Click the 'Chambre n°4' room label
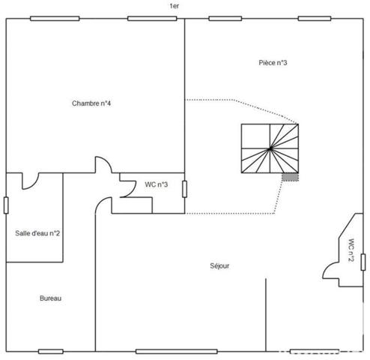[x=92, y=103]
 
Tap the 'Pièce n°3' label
[x=273, y=62]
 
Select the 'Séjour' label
[x=219, y=266]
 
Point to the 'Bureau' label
[x=50, y=298]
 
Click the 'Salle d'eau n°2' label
[x=38, y=233]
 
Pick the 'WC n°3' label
[x=157, y=184]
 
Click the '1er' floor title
[x=174, y=5]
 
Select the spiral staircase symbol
[x=270, y=148]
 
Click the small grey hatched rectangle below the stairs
[x=290, y=177]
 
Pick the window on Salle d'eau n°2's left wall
[x=6, y=205]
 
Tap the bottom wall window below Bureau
[x=50, y=350]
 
